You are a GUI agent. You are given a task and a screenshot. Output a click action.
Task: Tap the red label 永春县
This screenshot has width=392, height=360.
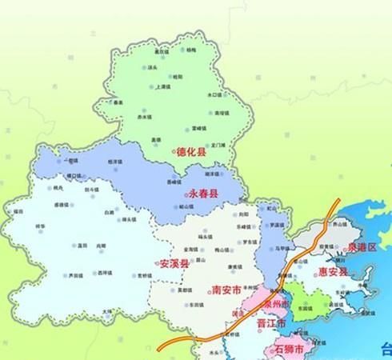[x=206, y=194]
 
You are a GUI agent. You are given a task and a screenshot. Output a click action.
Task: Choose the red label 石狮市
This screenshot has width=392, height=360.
[x=290, y=350]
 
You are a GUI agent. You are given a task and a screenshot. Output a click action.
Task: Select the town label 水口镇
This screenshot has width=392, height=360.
[x=214, y=94]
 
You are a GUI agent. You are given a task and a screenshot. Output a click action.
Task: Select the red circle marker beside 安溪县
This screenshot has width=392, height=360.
[x=156, y=263]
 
